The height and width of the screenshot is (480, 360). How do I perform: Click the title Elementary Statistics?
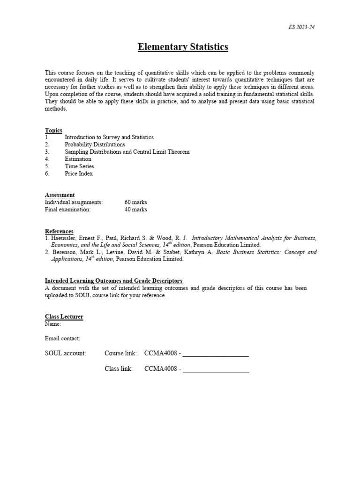point(183,47)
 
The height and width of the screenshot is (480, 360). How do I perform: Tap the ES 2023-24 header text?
point(301,27)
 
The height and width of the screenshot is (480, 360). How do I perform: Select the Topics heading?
point(53,130)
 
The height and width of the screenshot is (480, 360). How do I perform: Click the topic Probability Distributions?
point(95,145)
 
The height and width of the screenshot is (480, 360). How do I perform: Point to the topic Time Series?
point(79,166)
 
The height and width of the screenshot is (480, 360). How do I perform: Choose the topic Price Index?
point(79,173)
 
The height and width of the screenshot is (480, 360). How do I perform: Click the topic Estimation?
point(78,159)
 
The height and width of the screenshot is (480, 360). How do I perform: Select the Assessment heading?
point(60,195)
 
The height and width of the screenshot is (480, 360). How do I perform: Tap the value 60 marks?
point(135,202)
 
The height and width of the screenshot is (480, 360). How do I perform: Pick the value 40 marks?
point(135,210)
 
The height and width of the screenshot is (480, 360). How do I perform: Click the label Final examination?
point(67,210)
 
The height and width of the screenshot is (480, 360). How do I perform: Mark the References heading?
point(59,231)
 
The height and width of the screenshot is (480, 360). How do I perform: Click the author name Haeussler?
point(65,238)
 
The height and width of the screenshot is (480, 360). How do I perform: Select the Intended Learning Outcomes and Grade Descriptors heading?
point(113,281)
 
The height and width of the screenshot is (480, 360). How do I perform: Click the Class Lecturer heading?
point(64,317)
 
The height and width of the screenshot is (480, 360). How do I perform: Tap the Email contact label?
point(62,338)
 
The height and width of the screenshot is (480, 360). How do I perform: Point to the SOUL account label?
point(66,353)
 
